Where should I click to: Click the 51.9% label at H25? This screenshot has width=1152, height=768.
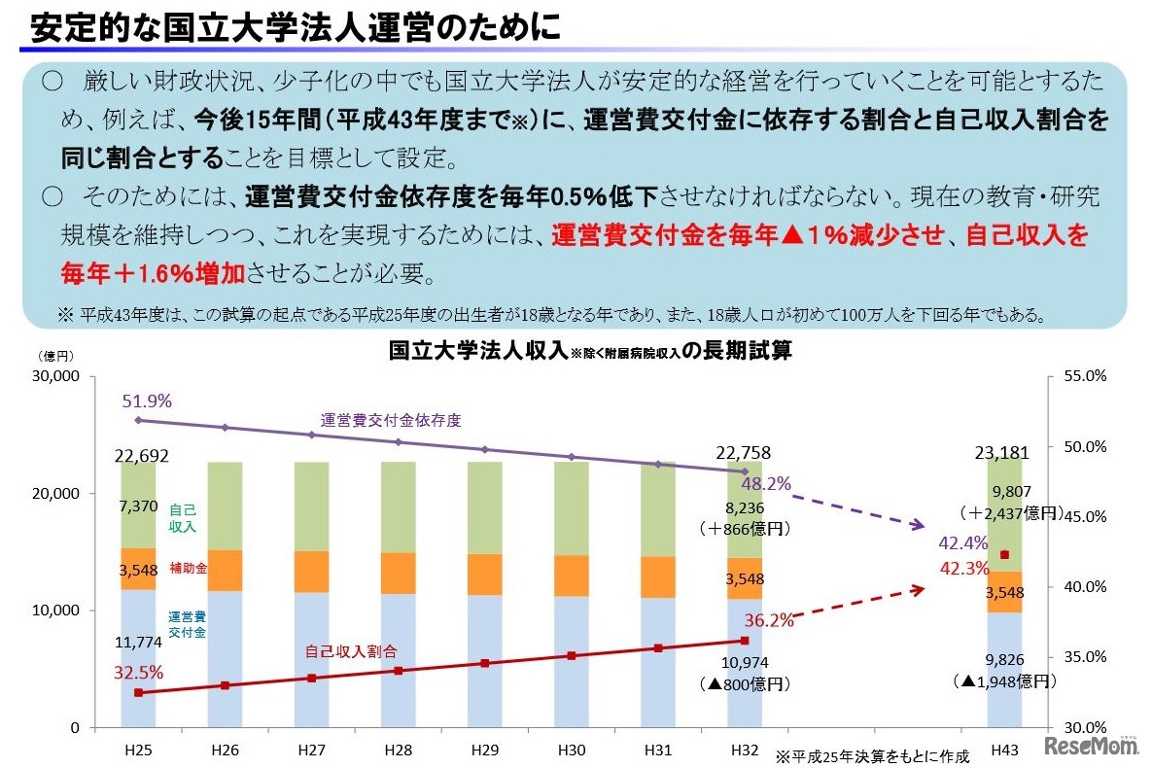(x=147, y=401)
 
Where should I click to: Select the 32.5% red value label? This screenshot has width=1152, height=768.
(x=139, y=673)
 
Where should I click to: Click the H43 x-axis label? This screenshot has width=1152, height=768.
(x=1004, y=751)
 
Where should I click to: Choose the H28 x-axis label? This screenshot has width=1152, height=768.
(x=399, y=751)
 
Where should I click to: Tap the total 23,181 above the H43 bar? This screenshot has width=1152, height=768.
(x=1003, y=453)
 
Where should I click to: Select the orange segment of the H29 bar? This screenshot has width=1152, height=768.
(x=485, y=575)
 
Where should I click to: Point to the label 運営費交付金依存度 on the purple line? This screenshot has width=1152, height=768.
(x=390, y=421)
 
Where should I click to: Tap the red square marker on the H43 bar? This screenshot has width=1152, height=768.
(x=1004, y=555)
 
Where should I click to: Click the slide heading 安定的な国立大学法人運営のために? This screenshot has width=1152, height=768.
(x=296, y=26)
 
